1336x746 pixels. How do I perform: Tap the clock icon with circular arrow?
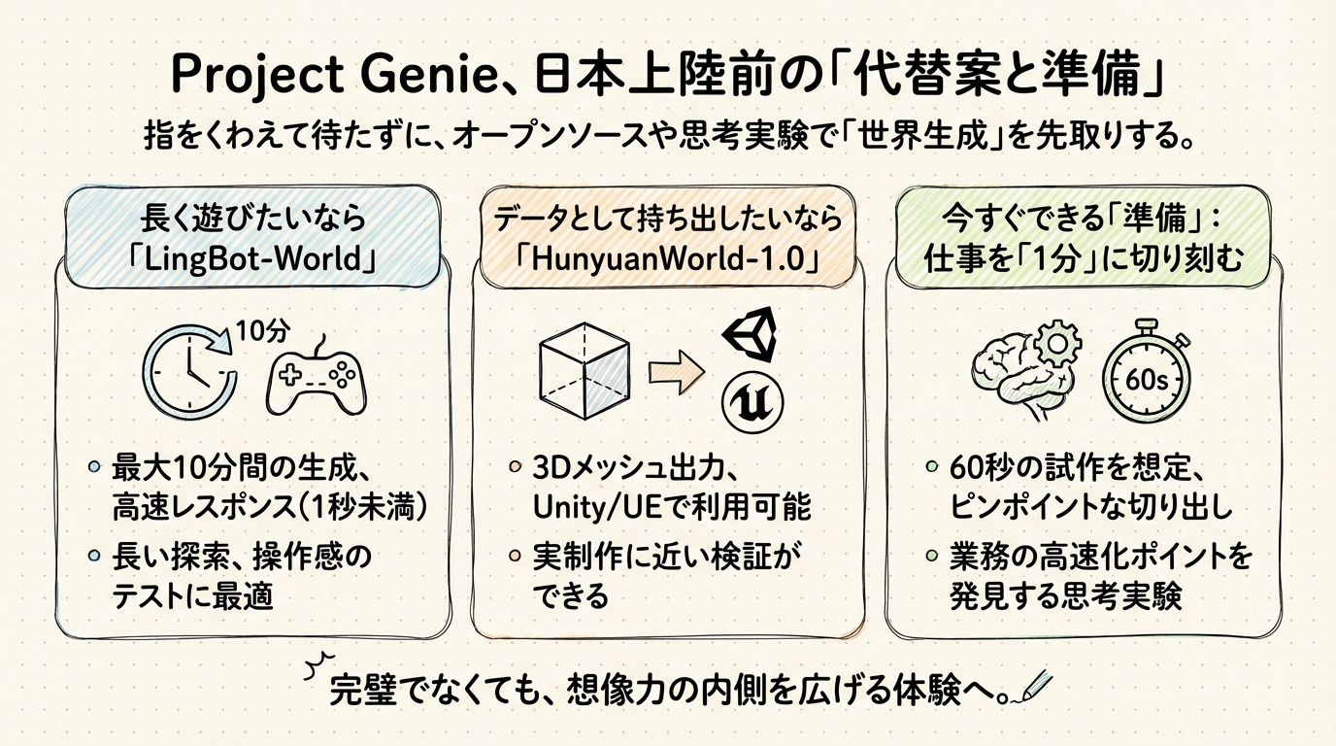(x=186, y=373)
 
